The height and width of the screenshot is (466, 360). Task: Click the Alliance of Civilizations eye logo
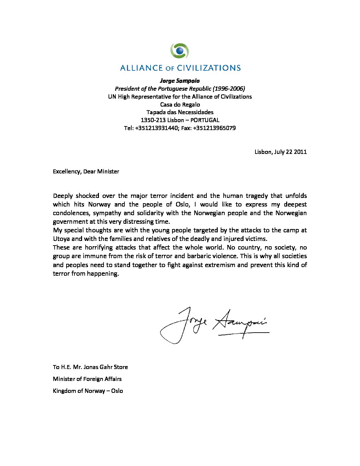pos(180,51)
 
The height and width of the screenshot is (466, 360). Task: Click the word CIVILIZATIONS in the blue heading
pos(209,68)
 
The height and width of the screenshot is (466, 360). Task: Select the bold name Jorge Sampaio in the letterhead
pos(180,81)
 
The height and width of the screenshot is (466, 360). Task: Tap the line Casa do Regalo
pos(180,105)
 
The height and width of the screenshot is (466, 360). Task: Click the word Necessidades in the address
pos(196,112)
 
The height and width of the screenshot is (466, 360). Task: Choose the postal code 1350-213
pos(153,120)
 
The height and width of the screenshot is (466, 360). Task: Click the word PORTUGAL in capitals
pos(205,120)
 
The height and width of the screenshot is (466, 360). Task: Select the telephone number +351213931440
pos(156,128)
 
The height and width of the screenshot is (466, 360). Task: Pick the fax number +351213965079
pos(214,128)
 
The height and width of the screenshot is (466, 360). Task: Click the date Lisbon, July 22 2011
pos(281,152)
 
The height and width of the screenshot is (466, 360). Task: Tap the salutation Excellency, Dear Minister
pos(86,171)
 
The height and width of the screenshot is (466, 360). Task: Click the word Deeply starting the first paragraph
pos(63,196)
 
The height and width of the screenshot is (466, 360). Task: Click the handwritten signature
pos(214,325)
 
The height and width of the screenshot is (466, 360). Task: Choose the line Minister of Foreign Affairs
pos(87,379)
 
